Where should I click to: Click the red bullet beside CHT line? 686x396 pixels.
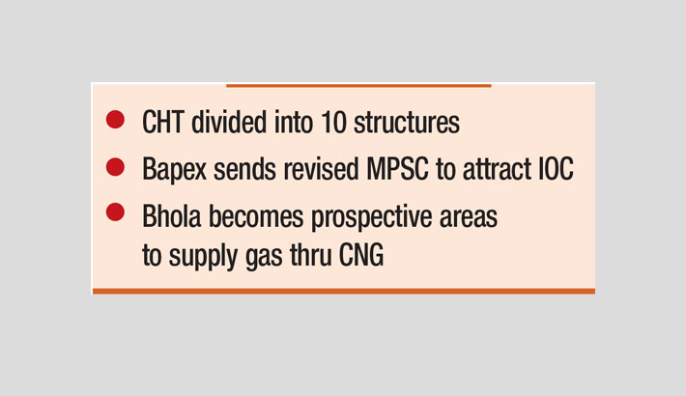coord(115,121)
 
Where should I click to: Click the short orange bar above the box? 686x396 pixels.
coord(358,86)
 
